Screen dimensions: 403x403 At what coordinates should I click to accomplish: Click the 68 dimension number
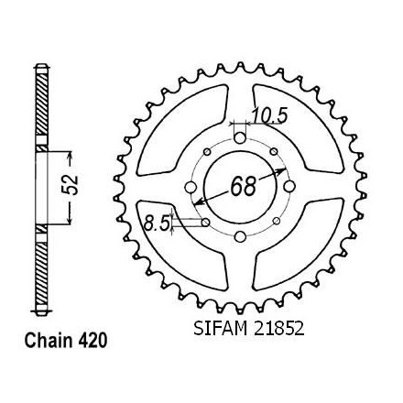point(243,186)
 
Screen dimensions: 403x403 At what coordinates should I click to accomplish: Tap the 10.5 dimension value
point(269,116)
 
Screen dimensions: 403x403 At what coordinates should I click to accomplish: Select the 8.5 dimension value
point(157,223)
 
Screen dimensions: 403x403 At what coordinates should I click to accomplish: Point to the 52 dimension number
point(71,185)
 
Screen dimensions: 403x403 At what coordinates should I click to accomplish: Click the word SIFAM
point(220,329)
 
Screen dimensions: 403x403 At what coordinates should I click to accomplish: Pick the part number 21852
point(278,329)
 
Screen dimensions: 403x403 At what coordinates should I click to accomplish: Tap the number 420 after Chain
point(93,340)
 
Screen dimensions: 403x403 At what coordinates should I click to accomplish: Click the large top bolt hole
point(241,138)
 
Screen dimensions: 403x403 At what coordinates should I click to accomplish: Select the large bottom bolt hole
point(241,236)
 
